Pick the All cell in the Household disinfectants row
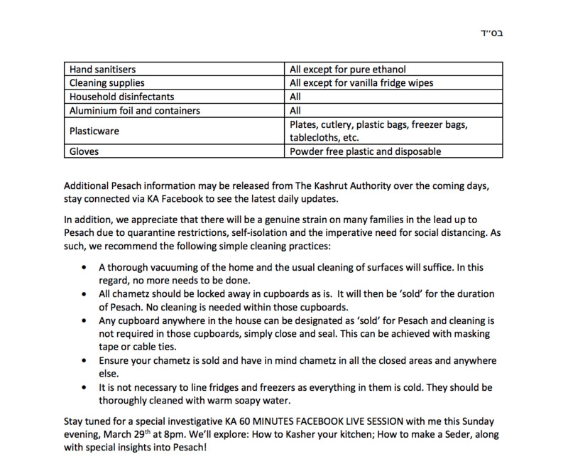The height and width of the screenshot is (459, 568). [295, 97]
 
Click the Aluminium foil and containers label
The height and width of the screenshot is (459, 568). [134, 111]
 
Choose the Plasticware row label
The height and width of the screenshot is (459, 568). [94, 131]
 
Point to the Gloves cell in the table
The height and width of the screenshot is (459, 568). [83, 151]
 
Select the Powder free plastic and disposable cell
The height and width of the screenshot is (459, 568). [365, 151]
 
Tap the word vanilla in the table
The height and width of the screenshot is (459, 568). [370, 83]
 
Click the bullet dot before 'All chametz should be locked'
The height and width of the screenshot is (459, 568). [85, 294]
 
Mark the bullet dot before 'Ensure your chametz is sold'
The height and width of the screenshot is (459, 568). [85, 361]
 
